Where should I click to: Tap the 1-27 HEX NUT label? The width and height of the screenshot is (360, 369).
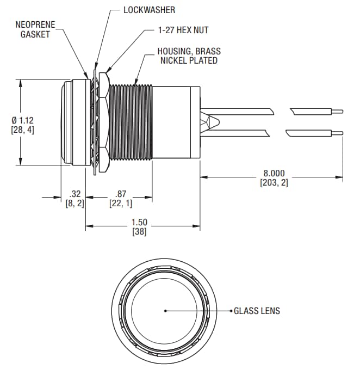point(179,31)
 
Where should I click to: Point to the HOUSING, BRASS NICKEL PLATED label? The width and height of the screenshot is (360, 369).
point(189,56)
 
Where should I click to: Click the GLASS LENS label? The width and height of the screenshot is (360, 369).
point(257,311)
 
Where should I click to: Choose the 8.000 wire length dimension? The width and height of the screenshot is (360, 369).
point(274,174)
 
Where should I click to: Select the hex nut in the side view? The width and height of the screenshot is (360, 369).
point(104,122)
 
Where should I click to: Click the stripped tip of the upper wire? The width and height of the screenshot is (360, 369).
point(337,111)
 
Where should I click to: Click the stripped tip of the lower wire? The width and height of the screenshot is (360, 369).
point(337,132)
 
